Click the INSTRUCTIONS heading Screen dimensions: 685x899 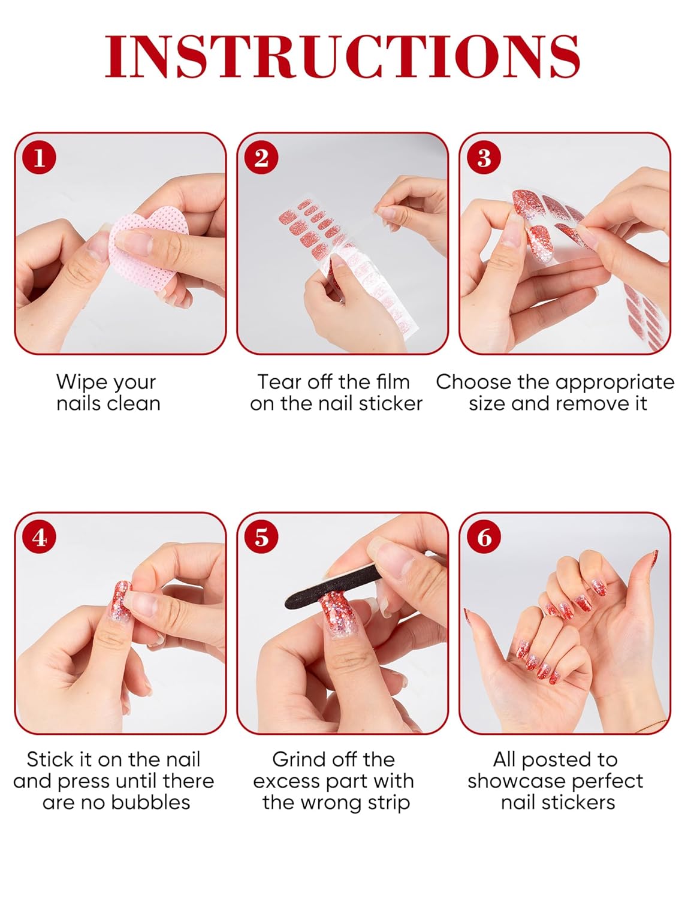(x=342, y=56)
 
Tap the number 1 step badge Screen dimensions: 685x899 (x=40, y=158)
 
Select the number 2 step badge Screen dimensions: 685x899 (x=261, y=158)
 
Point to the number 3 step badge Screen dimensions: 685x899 (x=484, y=158)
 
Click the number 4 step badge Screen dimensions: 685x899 (x=40, y=537)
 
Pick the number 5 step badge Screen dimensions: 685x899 (x=261, y=537)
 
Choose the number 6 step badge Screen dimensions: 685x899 (x=484, y=537)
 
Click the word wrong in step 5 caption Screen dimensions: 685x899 (x=331, y=804)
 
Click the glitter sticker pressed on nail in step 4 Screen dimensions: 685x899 (x=122, y=601)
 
